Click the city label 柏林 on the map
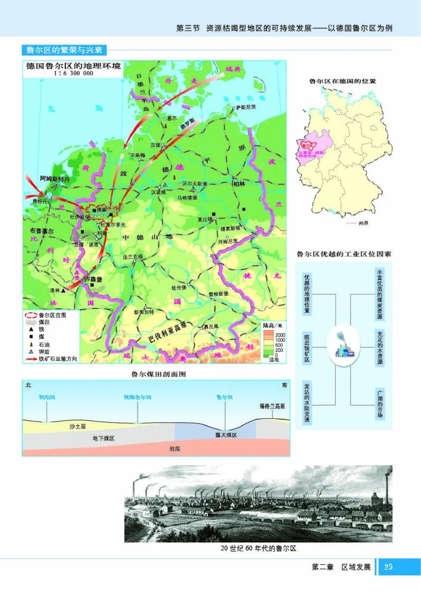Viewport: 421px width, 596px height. click(x=238, y=184)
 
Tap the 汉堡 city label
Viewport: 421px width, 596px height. click(x=155, y=144)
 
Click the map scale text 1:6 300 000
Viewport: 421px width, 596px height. click(x=73, y=74)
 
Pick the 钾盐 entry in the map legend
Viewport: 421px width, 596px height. click(x=46, y=353)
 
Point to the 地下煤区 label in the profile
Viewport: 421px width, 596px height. click(x=103, y=438)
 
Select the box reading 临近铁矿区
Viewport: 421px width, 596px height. click(x=307, y=348)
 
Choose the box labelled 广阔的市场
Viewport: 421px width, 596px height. click(x=379, y=404)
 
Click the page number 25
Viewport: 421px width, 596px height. click(x=389, y=567)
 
